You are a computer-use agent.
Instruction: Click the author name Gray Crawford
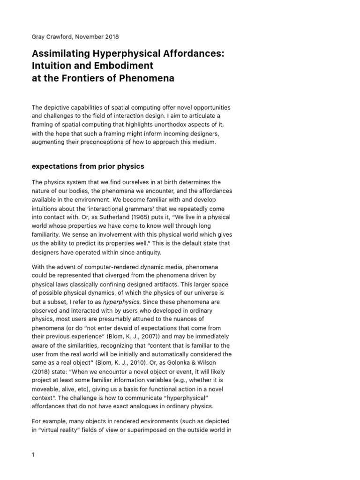coord(52,37)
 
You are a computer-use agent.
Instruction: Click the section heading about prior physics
coord(88,166)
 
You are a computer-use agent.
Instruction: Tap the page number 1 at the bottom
coord(34,455)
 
